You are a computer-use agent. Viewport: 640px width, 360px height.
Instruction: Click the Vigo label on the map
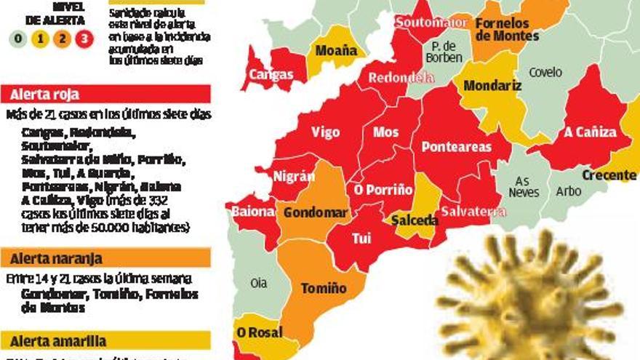point(325,132)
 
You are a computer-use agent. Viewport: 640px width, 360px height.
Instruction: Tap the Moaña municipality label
point(336,50)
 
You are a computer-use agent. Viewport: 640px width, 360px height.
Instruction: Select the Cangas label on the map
point(271,74)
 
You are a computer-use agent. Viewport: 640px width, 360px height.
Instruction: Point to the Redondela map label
point(392,78)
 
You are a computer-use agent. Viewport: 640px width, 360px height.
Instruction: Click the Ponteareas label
point(457,147)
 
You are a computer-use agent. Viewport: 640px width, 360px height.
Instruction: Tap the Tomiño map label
point(324,289)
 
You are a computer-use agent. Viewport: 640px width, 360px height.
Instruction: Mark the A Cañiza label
point(590,132)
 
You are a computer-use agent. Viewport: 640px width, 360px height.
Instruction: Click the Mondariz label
point(492,86)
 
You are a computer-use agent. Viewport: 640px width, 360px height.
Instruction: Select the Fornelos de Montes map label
point(507,30)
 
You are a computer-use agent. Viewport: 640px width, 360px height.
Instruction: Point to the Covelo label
point(545,72)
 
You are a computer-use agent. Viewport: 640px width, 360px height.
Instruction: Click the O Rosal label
point(259,332)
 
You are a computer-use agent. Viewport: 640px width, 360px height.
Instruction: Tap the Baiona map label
point(254,212)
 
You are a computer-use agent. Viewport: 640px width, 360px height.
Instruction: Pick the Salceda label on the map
point(415,220)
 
